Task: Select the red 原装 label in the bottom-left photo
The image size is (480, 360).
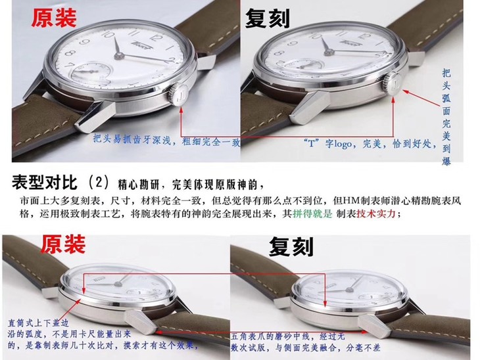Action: (64, 244)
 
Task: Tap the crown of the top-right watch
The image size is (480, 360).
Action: (394, 85)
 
